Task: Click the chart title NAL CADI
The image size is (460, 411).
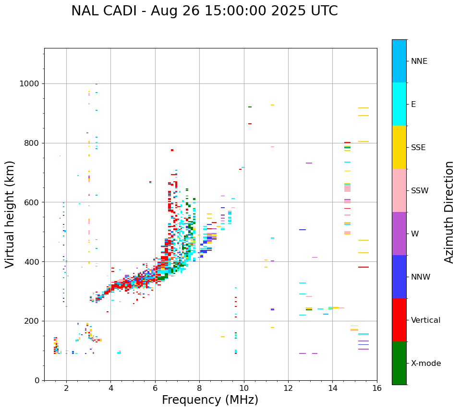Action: click(204, 11)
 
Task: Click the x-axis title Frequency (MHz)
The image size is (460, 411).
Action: click(210, 400)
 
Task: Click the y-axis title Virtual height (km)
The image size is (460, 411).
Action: click(10, 214)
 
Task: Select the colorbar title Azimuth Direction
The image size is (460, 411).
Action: click(449, 211)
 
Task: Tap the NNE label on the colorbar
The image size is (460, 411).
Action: click(419, 61)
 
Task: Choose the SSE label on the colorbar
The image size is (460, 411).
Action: click(418, 148)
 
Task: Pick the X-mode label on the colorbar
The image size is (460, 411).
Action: click(425, 364)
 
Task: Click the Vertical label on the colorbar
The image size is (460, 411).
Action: click(425, 320)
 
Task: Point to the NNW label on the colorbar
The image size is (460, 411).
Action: click(421, 277)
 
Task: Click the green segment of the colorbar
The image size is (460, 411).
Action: click(399, 363)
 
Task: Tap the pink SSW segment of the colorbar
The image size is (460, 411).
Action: click(399, 190)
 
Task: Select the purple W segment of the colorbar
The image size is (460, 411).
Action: click(399, 234)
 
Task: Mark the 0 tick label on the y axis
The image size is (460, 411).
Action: click(36, 380)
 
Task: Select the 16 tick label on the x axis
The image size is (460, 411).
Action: click(377, 388)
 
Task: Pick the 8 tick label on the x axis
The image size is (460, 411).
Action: click(199, 388)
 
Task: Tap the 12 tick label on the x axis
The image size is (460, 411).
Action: click(288, 388)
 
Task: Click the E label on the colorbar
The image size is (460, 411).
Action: click(413, 105)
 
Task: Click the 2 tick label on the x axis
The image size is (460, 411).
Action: click(66, 388)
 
